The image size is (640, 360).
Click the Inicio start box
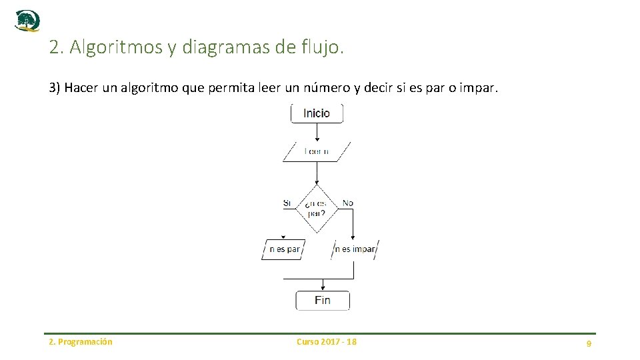(x=317, y=113)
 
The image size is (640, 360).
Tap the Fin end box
(x=323, y=300)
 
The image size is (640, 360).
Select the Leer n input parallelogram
(x=317, y=151)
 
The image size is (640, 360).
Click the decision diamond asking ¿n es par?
(x=317, y=208)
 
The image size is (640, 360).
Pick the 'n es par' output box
(x=284, y=249)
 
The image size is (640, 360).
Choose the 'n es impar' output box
(x=355, y=249)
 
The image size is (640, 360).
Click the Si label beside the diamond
(x=287, y=203)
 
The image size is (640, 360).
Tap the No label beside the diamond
(x=348, y=203)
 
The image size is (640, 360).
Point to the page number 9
(x=589, y=343)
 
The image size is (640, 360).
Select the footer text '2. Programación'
(x=81, y=342)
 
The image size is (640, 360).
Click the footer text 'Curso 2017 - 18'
(x=327, y=342)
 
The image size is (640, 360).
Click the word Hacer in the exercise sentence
(x=81, y=89)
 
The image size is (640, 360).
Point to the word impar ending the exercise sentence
(x=480, y=89)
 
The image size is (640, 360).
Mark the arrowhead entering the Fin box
(x=323, y=288)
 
